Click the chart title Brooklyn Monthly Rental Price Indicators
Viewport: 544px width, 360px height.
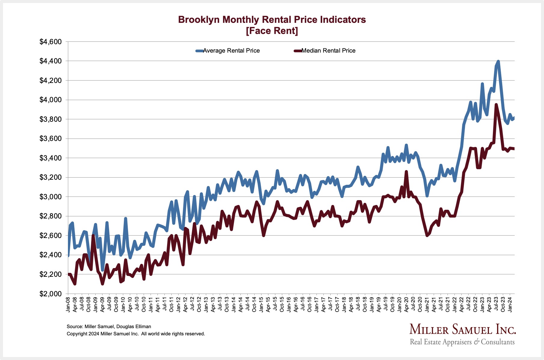pos(272,20)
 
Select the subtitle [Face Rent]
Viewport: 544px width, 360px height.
pos(272,31)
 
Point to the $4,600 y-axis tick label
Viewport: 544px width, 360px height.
pos(50,42)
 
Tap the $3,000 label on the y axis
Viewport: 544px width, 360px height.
pos(50,197)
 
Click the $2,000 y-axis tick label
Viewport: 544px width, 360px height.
pos(50,294)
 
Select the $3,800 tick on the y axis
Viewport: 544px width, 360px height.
pos(50,119)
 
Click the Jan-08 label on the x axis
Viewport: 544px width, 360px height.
pos(68,304)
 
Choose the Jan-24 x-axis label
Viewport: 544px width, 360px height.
pos(510,304)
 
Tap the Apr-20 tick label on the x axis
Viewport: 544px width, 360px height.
pos(406,304)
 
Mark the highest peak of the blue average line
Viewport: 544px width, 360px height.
pos(498,62)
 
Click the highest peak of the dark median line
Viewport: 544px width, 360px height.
pos(496,105)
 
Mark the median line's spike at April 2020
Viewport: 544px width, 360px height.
pos(406,172)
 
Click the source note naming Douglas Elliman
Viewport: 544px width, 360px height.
pos(109,326)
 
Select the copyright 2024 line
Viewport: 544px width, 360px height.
pos(136,334)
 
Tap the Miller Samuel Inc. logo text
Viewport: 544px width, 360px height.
pos(463,330)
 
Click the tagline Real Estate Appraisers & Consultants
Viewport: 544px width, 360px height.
pos(462,342)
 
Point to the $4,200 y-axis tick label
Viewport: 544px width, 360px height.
pos(50,81)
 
